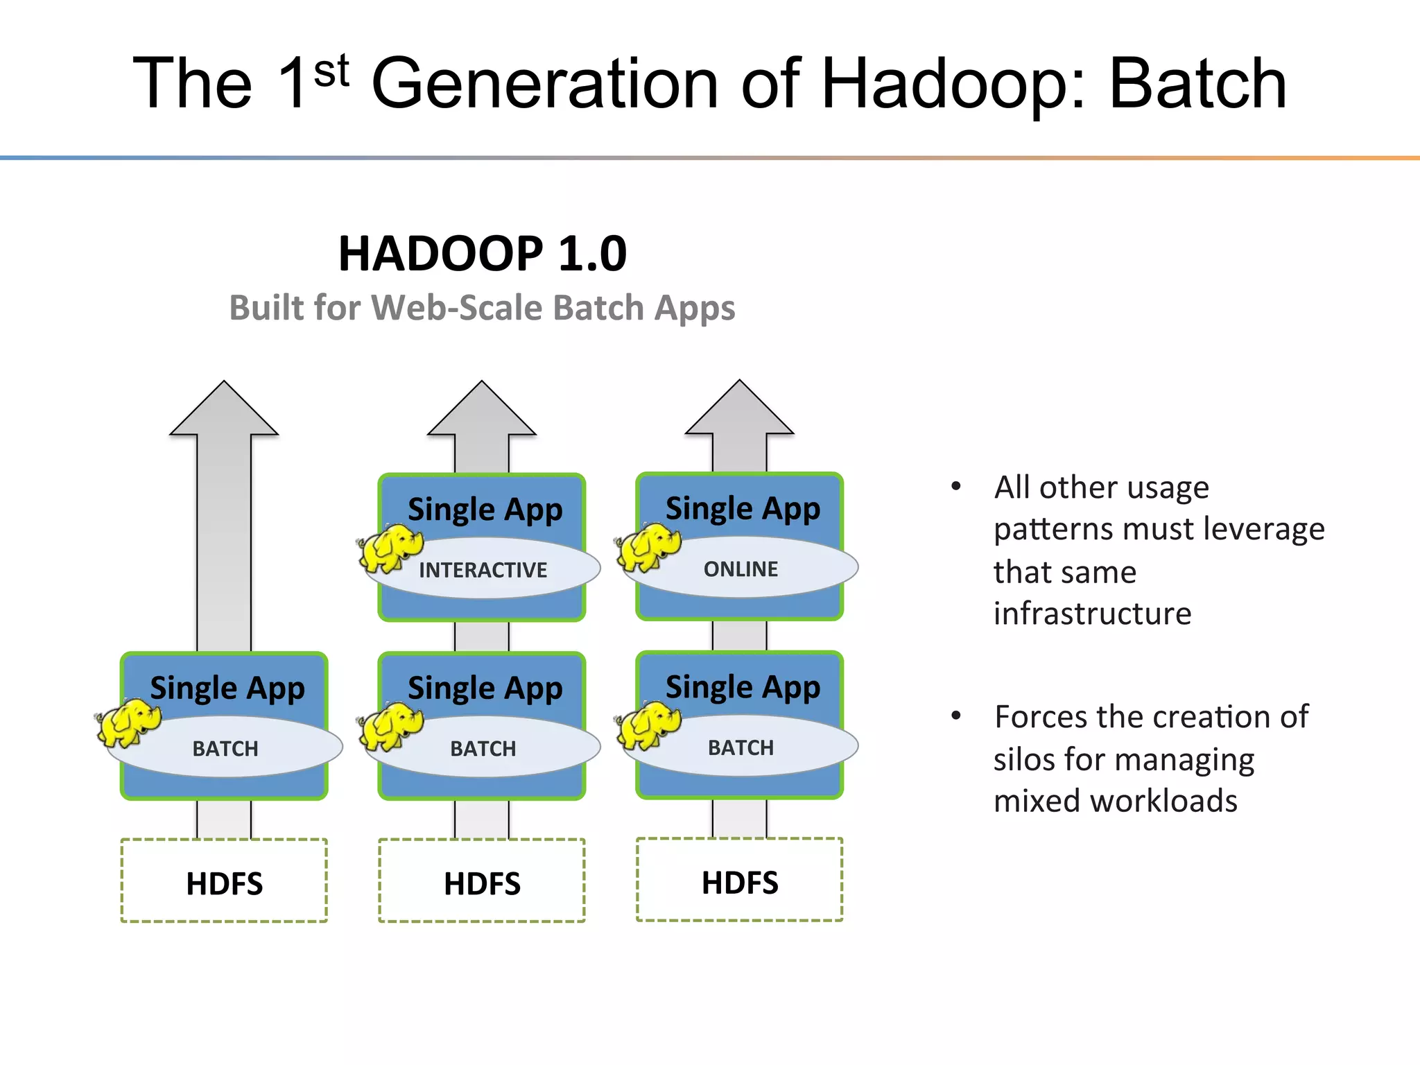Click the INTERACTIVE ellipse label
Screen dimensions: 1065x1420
click(483, 570)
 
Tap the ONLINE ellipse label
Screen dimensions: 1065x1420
click(741, 569)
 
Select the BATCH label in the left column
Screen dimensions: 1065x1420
click(225, 749)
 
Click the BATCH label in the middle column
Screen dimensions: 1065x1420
click(483, 749)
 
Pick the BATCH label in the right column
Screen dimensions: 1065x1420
click(741, 747)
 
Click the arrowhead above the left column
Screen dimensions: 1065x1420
click(224, 413)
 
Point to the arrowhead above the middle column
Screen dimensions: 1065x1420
click(482, 413)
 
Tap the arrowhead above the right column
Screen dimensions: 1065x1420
click(740, 412)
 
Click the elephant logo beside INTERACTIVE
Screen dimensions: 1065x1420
click(390, 548)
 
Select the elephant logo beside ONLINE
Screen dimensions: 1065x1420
click(648, 547)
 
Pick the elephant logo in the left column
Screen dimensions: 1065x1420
click(128, 723)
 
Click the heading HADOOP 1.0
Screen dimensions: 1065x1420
click(483, 253)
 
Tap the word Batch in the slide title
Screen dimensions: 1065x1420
click(1197, 84)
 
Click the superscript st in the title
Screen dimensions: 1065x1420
click(331, 71)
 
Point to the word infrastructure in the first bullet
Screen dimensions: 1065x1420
click(1092, 614)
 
